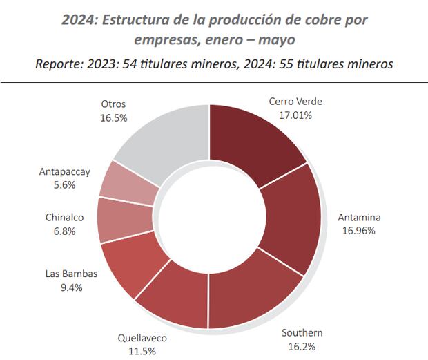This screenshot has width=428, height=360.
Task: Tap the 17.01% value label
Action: click(295, 115)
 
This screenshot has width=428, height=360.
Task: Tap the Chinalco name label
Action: click(65, 218)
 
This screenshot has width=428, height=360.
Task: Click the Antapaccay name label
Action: click(64, 172)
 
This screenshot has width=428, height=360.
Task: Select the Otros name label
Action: click(113, 104)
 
